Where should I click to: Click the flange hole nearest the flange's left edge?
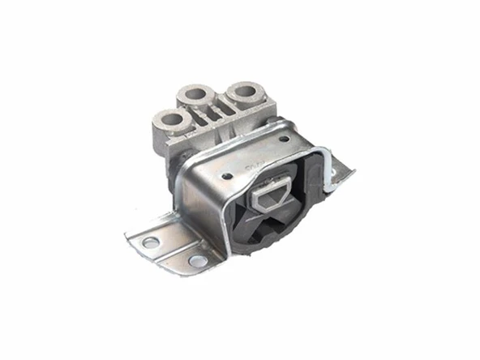(x=150, y=242)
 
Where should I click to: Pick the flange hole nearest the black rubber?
(x=198, y=260)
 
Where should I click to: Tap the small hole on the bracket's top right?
(x=283, y=139)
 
